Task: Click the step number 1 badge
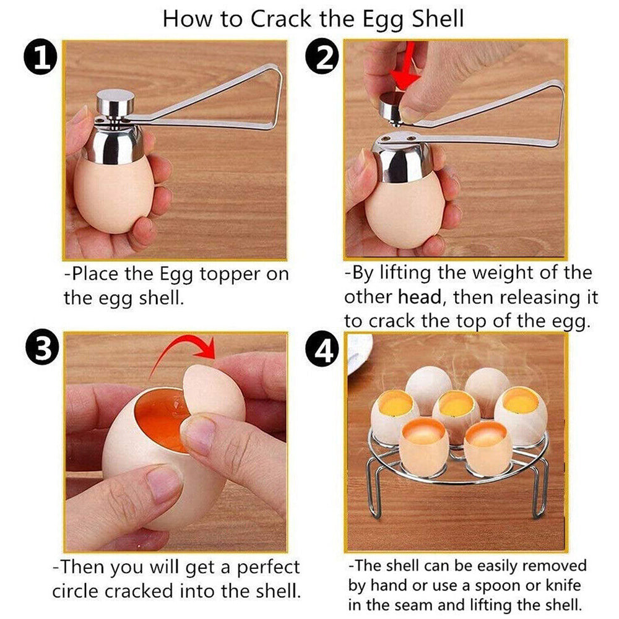(x=40, y=58)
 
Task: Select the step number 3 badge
(x=40, y=350)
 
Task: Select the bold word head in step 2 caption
(x=419, y=297)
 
